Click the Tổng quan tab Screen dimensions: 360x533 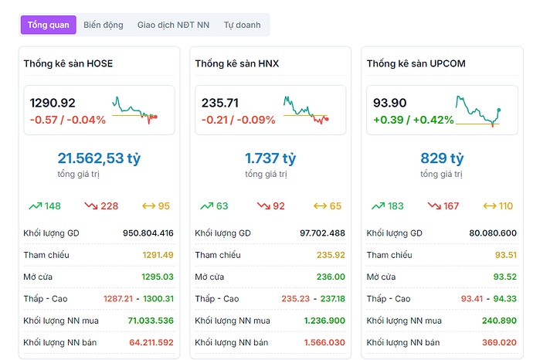point(49,25)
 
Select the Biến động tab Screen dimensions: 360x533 point(104,25)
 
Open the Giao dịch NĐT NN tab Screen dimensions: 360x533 point(173,25)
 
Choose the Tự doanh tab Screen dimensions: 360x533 point(242,25)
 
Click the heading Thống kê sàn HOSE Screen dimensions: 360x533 point(68,63)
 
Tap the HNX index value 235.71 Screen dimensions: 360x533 point(220,103)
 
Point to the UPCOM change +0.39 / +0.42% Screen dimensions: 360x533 point(413,120)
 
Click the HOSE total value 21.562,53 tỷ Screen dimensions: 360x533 point(99,158)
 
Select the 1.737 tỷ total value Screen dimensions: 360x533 point(270,158)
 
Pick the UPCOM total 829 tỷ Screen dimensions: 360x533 point(442,158)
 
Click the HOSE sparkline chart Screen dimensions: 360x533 point(135,109)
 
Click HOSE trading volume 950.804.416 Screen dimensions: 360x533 point(148,233)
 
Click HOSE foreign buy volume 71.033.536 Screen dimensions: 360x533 point(151,321)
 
